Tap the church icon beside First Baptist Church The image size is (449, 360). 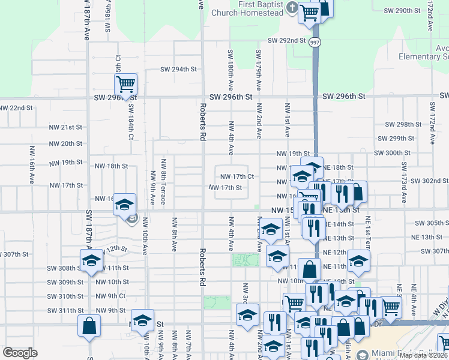click(x=292, y=8)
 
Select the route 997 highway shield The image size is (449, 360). click(x=315, y=42)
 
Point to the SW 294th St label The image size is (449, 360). click(x=178, y=69)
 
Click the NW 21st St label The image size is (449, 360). click(x=65, y=127)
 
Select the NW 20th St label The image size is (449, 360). click(x=65, y=144)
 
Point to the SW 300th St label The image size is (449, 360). click(x=392, y=153)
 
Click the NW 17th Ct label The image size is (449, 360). click(x=238, y=176)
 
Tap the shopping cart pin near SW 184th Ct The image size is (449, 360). click(x=125, y=83)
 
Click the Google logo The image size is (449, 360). click(x=20, y=353)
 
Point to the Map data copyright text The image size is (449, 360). click(x=423, y=355)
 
